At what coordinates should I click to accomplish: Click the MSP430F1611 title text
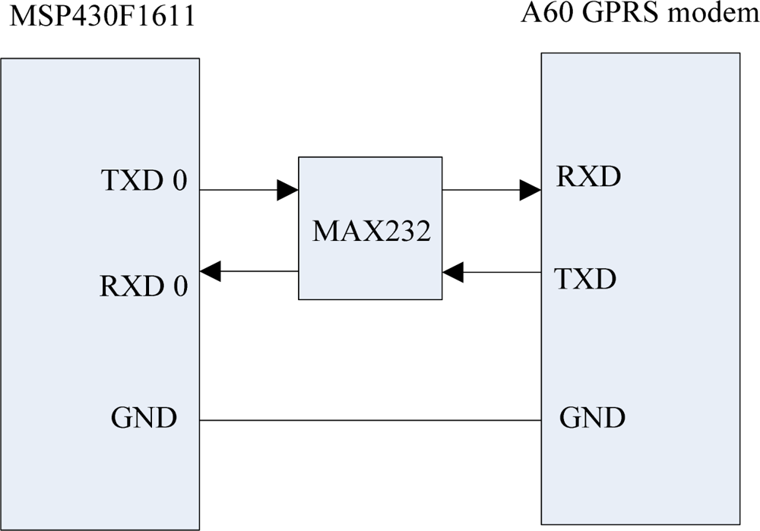(x=101, y=17)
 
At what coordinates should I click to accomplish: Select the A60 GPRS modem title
(x=639, y=14)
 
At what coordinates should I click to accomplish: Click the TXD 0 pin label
(x=144, y=182)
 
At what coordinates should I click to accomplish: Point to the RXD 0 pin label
(x=144, y=286)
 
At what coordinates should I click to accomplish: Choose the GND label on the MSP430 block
(x=144, y=417)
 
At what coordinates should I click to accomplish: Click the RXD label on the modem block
(x=588, y=177)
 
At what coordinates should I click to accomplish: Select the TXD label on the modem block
(x=585, y=280)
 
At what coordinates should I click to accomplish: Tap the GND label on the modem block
(x=592, y=417)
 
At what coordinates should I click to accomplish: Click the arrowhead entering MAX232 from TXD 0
(x=287, y=190)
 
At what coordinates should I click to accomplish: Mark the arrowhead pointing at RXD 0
(x=211, y=270)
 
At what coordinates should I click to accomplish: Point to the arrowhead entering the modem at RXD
(x=530, y=190)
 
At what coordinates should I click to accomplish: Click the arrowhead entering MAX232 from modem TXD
(x=453, y=270)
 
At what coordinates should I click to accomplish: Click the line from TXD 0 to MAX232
(x=239, y=190)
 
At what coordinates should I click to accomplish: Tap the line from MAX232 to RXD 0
(x=258, y=270)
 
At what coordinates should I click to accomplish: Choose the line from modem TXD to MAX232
(x=502, y=270)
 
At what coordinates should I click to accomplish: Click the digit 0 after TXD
(x=179, y=182)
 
